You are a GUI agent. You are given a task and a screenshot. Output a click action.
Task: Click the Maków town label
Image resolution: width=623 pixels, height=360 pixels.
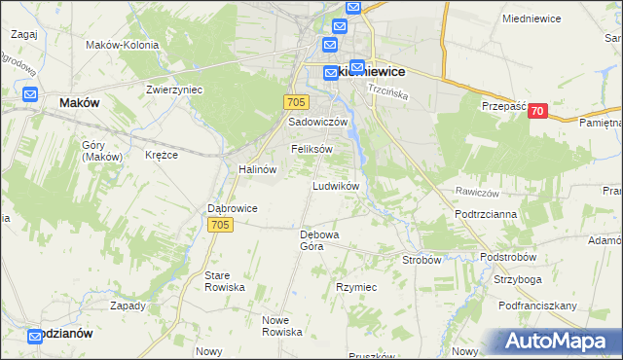click(81, 102)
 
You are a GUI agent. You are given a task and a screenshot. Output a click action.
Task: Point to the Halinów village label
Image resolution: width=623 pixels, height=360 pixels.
click(258, 168)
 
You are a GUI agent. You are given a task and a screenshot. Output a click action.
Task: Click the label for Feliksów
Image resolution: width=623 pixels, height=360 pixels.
click(312, 149)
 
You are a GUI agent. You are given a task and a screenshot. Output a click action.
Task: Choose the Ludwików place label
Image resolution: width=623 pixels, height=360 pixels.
click(336, 185)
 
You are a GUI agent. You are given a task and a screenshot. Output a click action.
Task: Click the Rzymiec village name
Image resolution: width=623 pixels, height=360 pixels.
click(356, 287)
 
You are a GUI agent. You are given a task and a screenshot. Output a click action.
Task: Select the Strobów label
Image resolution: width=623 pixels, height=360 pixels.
click(422, 260)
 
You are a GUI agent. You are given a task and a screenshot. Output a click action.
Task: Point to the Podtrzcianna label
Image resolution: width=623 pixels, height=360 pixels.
click(485, 213)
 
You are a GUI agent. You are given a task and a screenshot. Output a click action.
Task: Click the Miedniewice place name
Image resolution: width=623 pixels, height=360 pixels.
click(534, 18)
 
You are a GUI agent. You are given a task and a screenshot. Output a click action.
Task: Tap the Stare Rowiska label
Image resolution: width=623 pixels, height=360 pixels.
click(224, 282)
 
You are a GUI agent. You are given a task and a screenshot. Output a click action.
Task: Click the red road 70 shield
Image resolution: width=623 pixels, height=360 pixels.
click(536, 112)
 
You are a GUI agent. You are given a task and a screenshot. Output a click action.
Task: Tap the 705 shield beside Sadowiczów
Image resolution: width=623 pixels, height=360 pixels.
click(298, 102)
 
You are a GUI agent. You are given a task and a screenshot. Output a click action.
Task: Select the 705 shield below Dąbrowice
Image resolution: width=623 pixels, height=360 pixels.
click(221, 225)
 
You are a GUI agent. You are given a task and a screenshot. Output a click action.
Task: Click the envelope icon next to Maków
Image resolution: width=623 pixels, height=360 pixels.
click(29, 95)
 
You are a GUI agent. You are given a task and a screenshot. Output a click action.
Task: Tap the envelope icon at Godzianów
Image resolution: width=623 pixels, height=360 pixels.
click(35, 336)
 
